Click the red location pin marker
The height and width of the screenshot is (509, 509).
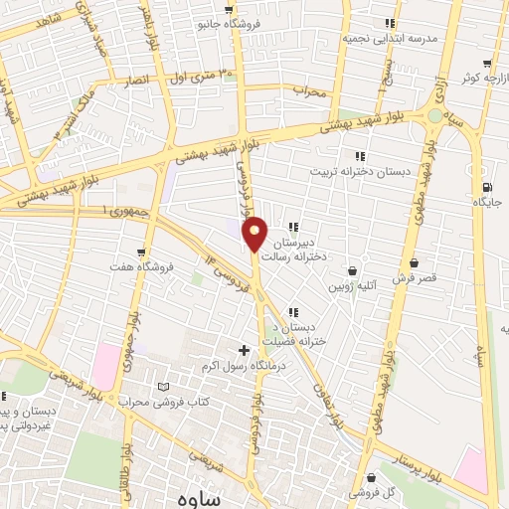click(255, 233)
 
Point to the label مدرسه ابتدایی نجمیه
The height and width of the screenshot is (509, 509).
click(377, 36)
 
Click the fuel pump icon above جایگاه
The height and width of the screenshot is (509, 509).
click(486, 187)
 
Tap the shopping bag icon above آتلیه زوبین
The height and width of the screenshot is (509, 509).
click(353, 270)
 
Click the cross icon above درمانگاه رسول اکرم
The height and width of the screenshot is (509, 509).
click(244, 350)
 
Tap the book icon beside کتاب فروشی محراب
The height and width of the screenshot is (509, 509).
click(164, 387)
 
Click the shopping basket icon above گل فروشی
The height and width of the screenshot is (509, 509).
click(372, 477)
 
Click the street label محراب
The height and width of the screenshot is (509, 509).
click(310, 90)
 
